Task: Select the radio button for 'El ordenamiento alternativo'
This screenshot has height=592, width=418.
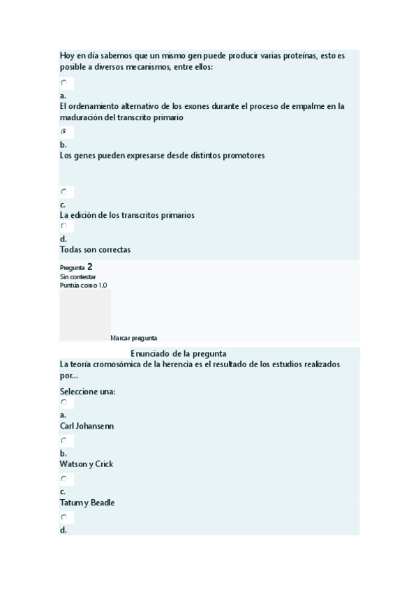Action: (64, 82)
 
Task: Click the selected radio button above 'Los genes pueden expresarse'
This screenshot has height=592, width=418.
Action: (64, 131)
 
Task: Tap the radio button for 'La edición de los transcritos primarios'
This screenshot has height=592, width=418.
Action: (64, 191)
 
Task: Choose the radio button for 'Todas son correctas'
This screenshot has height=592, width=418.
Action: (64, 225)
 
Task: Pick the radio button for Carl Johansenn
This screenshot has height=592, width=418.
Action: (64, 402)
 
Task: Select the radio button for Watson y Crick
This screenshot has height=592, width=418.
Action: (64, 441)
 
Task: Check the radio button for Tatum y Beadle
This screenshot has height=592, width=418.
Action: (64, 479)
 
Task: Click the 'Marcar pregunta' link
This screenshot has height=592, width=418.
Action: (134, 338)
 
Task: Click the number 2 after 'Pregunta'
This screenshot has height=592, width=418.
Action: (90, 267)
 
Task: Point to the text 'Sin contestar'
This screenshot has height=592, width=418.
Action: (78, 276)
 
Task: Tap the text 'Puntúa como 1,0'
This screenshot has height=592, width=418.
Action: (84, 285)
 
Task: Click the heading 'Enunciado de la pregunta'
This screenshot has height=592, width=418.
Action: (179, 353)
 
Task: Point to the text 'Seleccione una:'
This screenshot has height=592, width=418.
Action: (88, 391)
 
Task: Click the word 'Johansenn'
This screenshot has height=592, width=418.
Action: (94, 426)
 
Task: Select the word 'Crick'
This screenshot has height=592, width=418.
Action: (103, 464)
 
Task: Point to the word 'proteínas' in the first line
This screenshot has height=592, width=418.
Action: (295, 55)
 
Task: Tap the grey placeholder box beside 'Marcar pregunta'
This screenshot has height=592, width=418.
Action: (84, 315)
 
